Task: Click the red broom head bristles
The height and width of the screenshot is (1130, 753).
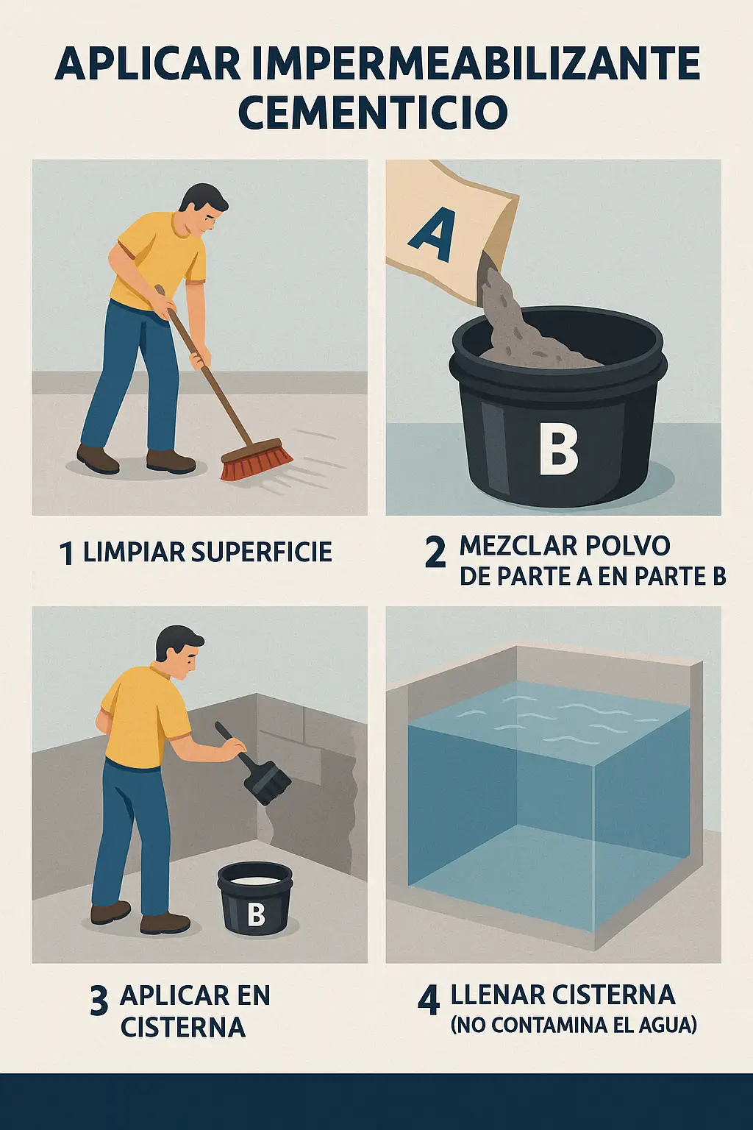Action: [256, 461]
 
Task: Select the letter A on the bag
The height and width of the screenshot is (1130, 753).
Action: [433, 235]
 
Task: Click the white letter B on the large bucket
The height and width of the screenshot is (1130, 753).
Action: [558, 448]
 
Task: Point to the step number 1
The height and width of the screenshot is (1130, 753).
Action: [67, 553]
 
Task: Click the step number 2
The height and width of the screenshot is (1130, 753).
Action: [435, 552]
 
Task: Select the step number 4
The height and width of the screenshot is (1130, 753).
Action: [429, 1000]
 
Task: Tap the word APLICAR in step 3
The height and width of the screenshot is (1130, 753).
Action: [168, 995]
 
